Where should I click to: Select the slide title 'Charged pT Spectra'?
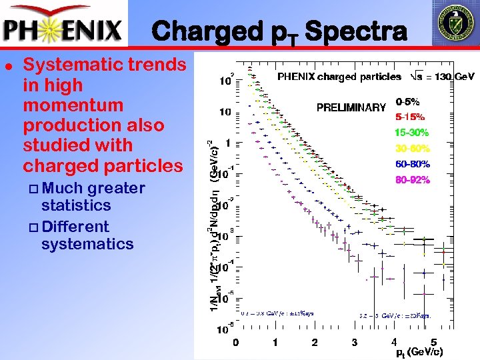pos(278,31)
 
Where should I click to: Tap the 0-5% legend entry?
pos(407,103)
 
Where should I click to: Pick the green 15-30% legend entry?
pos(411,133)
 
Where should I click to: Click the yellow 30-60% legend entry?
pos(411,148)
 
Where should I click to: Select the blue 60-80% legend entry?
pos(411,164)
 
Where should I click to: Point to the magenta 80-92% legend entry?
pos(411,179)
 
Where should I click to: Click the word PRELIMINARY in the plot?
pos(351,107)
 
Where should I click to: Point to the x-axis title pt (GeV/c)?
pos(419,351)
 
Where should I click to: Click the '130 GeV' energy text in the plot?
pos(445,77)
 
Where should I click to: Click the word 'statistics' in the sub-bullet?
pos(75,205)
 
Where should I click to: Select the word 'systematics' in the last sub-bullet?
pos(87,244)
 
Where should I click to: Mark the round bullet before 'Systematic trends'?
pos(7,65)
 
